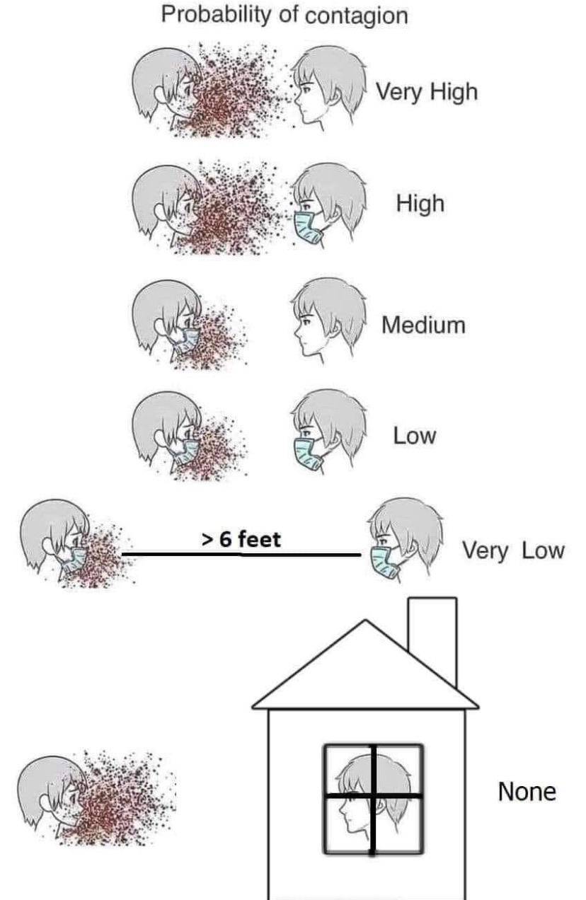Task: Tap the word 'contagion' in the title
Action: point(356,16)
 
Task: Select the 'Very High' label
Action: point(427,93)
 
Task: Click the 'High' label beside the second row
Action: point(420,204)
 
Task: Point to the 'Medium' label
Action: point(424,325)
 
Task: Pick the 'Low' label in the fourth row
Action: point(415,436)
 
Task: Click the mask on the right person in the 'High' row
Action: point(307,227)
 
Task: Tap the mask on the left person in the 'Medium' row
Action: point(185,341)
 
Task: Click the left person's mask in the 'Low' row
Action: point(185,452)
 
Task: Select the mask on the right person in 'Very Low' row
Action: point(384,563)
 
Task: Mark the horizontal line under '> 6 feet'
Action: point(241,555)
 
